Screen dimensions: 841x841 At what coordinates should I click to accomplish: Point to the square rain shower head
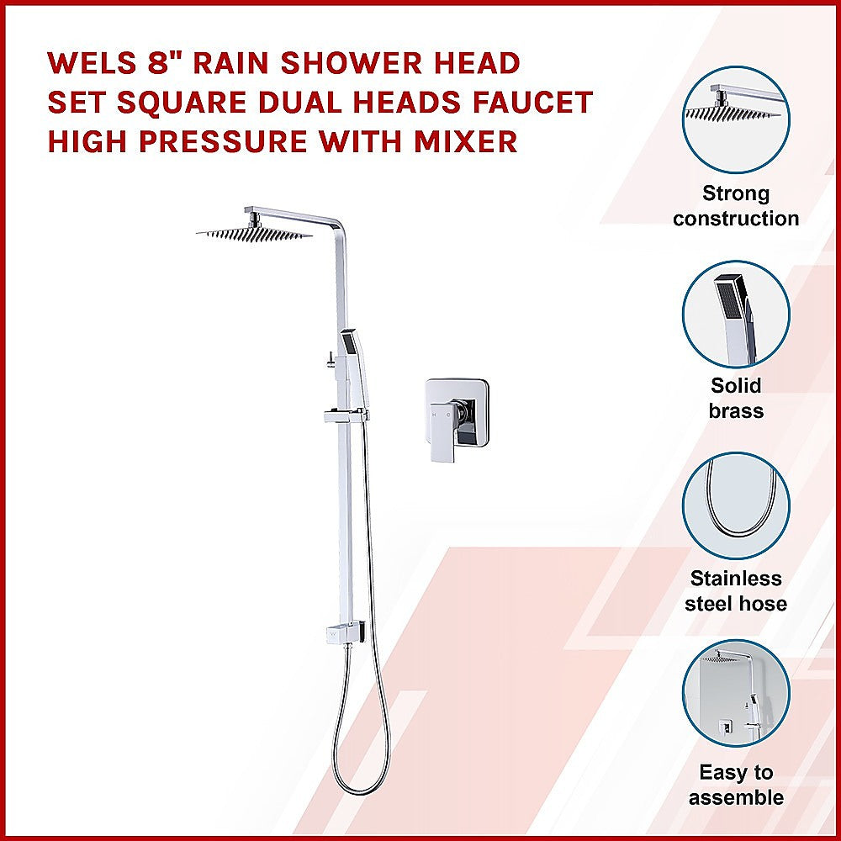tap(254, 232)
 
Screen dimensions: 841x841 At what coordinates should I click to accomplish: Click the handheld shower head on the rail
tap(350, 353)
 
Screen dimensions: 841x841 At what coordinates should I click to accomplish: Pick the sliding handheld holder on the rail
tap(343, 415)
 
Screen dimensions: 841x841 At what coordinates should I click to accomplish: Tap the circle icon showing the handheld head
tap(736, 313)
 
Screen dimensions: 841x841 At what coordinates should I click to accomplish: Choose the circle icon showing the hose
tap(736, 506)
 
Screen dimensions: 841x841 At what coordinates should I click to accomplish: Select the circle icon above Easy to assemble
tap(736, 700)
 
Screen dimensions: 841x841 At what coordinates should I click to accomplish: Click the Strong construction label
tap(736, 206)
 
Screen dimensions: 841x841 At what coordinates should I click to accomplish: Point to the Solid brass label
tap(736, 399)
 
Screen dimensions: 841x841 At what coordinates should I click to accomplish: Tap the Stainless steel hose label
tap(736, 591)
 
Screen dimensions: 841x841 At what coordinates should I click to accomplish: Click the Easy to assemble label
tap(736, 785)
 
